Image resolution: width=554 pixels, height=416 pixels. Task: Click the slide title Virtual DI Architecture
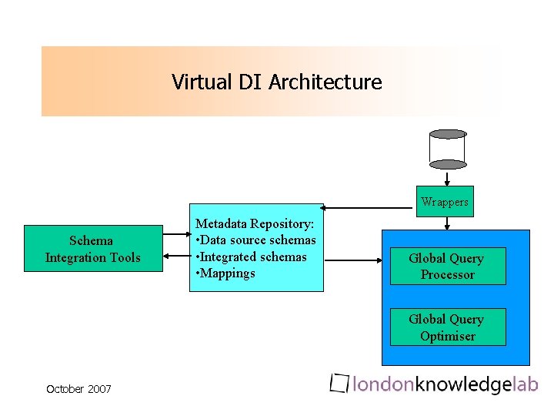(x=276, y=82)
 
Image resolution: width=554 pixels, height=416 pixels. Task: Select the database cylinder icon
(x=448, y=149)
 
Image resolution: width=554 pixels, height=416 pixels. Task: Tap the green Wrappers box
(x=445, y=202)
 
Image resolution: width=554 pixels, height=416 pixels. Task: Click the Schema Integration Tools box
(x=93, y=249)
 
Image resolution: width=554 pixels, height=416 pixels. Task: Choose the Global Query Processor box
(x=447, y=267)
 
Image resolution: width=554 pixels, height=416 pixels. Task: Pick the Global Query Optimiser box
(x=447, y=327)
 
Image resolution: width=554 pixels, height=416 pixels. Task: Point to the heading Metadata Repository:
(x=255, y=223)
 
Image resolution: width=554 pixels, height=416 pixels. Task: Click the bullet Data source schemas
(x=256, y=240)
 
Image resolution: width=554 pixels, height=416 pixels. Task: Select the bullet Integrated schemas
(x=252, y=257)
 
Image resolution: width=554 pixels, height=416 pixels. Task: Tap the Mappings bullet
(x=226, y=273)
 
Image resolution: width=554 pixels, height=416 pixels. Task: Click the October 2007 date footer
(x=78, y=389)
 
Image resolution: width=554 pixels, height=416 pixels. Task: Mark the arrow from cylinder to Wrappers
(x=447, y=178)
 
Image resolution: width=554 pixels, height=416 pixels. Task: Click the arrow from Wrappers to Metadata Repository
(x=369, y=207)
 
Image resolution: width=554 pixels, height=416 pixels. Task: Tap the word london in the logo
(x=383, y=384)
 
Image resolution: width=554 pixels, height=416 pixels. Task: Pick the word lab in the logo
(x=526, y=384)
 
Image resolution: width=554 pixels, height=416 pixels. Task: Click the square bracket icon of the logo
(x=339, y=383)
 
